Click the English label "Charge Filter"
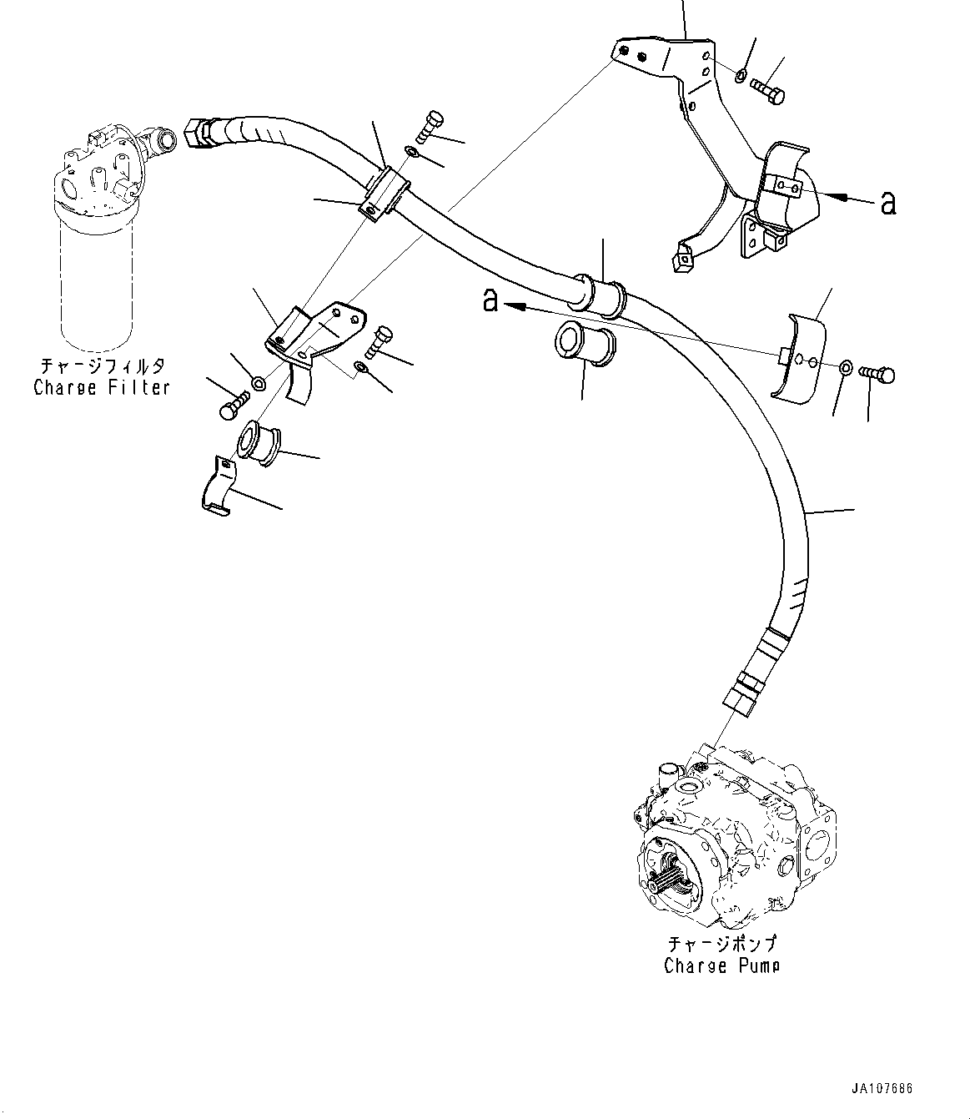click(x=101, y=387)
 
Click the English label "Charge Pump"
click(x=721, y=965)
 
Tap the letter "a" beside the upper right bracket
click(x=889, y=203)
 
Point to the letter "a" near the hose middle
click(x=490, y=300)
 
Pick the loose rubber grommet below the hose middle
click(x=580, y=342)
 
